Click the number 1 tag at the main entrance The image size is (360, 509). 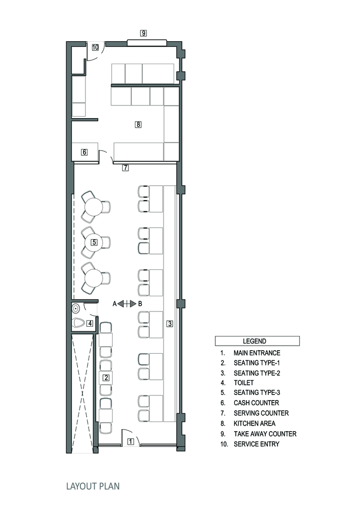[x=130, y=441]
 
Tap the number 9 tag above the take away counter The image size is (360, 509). [x=144, y=33]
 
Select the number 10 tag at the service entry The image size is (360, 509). [x=95, y=47]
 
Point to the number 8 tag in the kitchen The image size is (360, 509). [x=139, y=124]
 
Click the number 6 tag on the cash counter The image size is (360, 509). [x=85, y=152]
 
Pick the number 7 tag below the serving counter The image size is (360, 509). [x=125, y=168]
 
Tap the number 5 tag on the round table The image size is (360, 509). [x=94, y=242]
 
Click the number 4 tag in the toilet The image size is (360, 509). [x=90, y=323]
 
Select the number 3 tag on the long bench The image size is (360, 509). [x=170, y=323]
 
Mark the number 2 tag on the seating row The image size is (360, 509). [x=106, y=378]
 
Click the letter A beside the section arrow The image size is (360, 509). [x=114, y=304]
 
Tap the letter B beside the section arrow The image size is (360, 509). [x=140, y=304]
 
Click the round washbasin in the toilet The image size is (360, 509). [x=76, y=308]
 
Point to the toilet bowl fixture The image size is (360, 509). [x=79, y=323]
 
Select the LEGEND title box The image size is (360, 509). [x=257, y=341]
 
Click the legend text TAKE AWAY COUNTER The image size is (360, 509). [x=265, y=434]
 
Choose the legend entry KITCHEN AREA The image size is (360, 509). [x=254, y=423]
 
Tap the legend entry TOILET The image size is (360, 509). [x=243, y=383]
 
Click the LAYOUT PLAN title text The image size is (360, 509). [x=93, y=486]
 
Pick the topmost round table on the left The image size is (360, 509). [x=94, y=207]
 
